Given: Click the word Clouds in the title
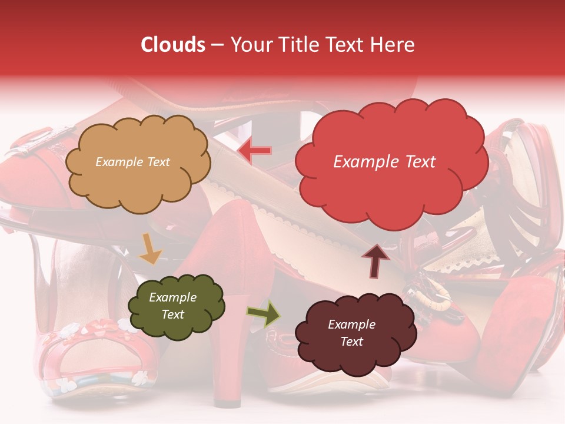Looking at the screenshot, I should (172, 45).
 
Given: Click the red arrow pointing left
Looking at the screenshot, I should (254, 151).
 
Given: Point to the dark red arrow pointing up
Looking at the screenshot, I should (375, 261).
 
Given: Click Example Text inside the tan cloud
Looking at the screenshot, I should (132, 162).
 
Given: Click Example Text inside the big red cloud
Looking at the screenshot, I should (384, 162).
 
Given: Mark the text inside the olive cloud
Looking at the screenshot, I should (172, 306).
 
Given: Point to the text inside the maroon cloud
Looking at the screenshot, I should (351, 333).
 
